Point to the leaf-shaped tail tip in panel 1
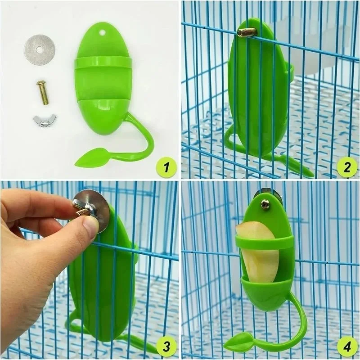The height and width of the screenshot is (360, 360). click(x=90, y=157)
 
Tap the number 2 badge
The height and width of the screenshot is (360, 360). click(x=347, y=167)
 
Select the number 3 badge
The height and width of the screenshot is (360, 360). click(x=166, y=346)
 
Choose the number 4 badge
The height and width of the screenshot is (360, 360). click(x=347, y=346)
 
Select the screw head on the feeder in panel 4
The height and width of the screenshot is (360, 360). click(x=265, y=204)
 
